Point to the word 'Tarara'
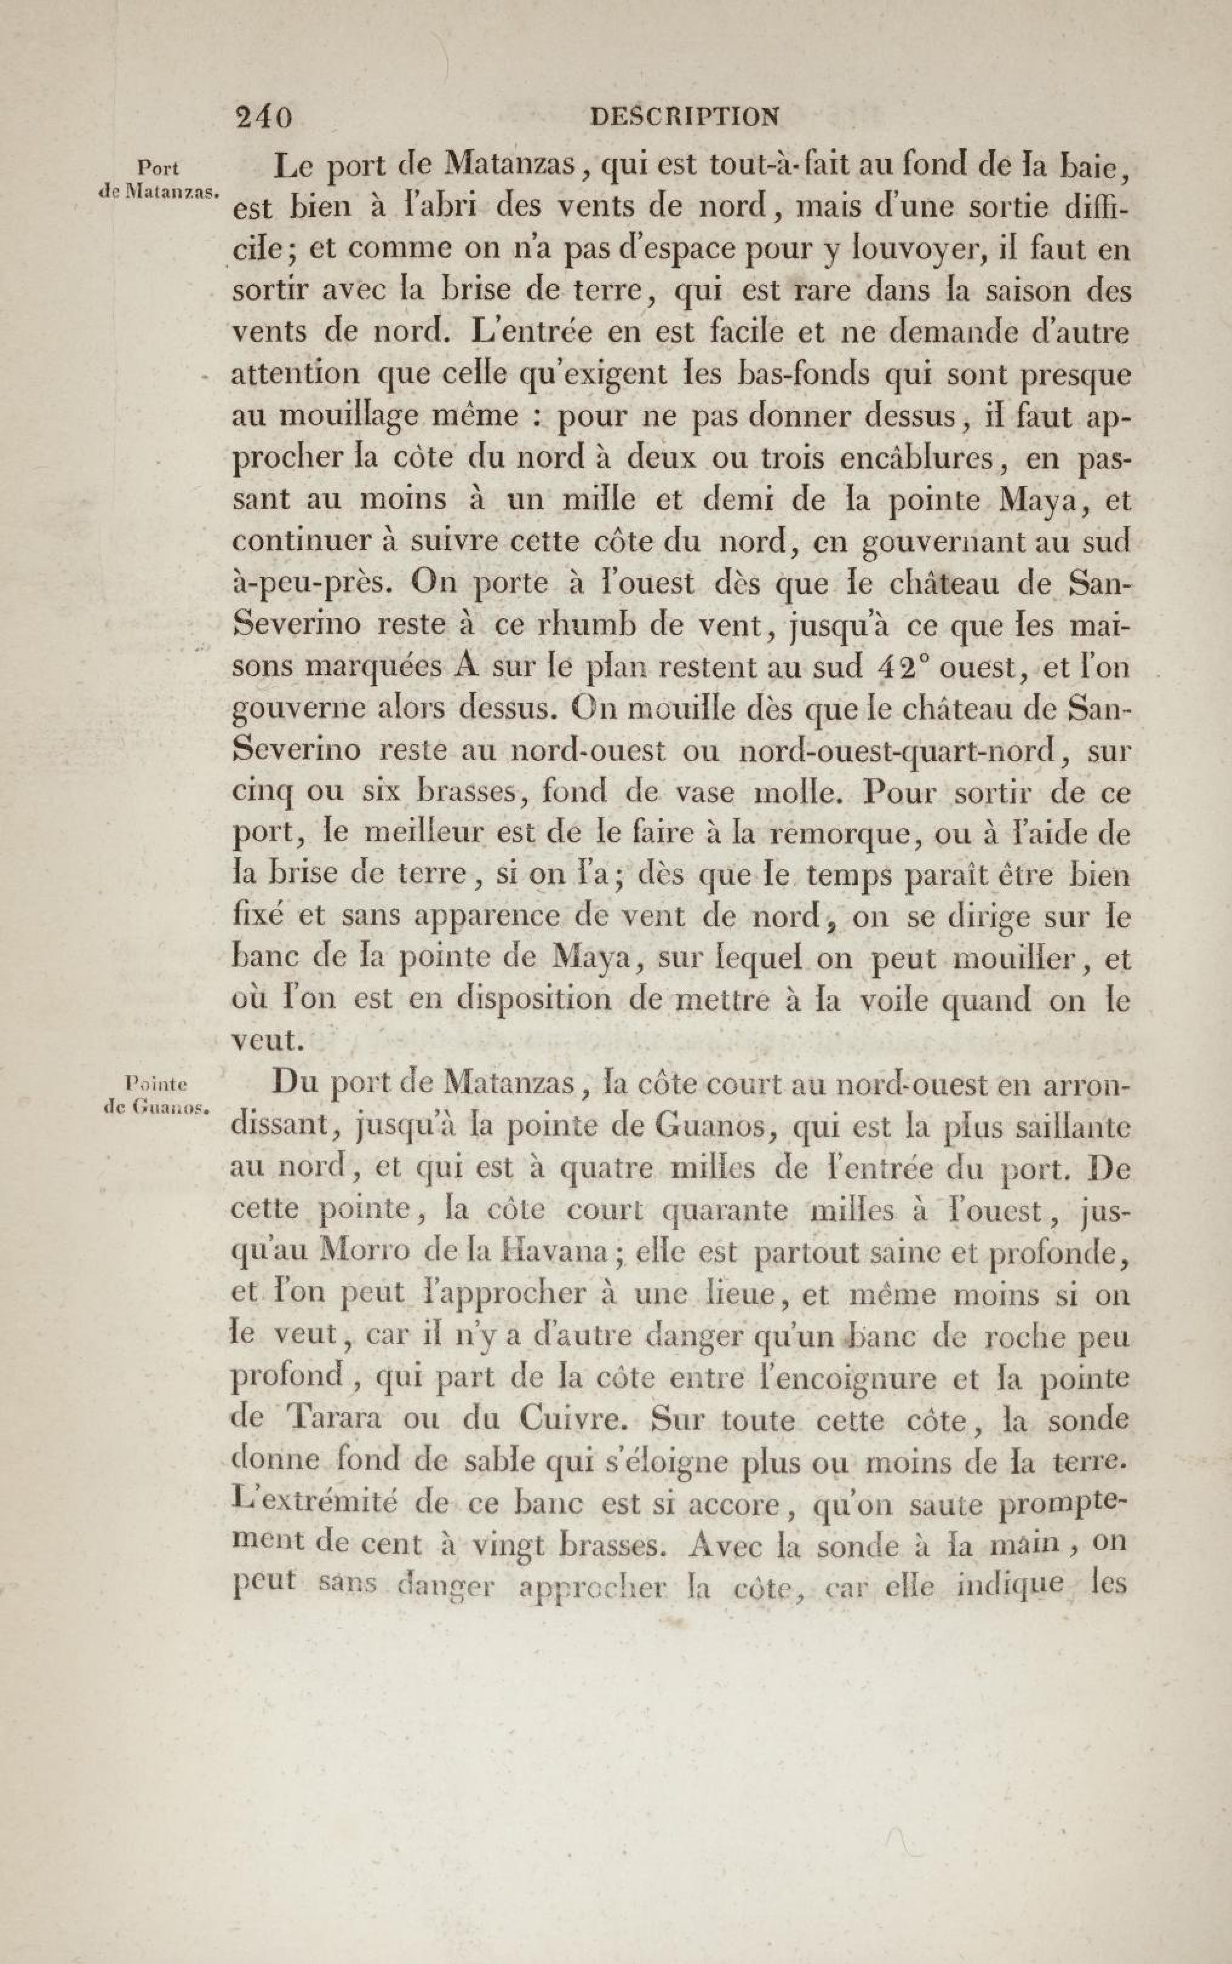click(335, 1419)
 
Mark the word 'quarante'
click(724, 1211)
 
